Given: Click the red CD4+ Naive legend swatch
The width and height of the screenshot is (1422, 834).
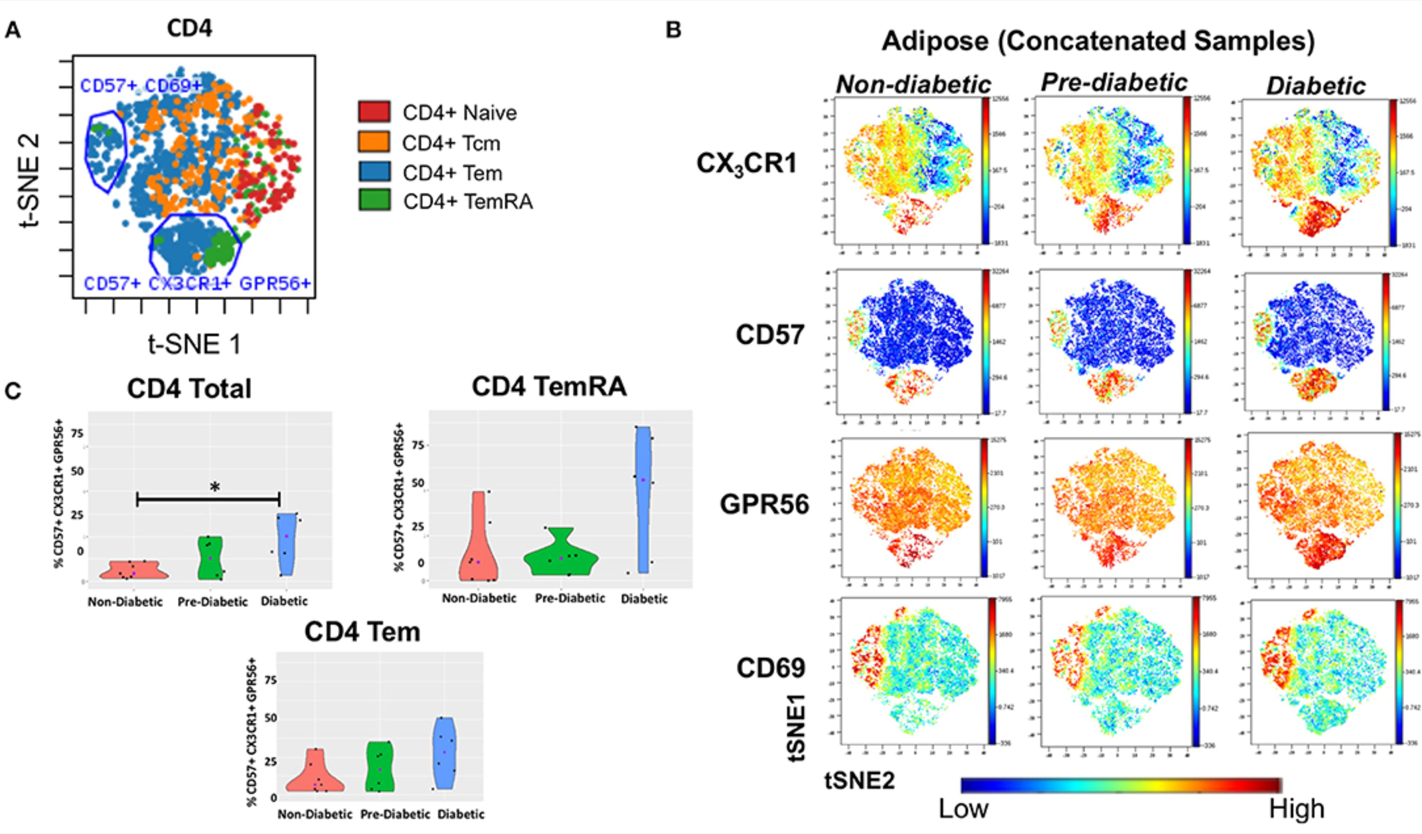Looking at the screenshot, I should point(374,112).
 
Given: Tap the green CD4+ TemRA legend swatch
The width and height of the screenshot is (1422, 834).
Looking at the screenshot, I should point(374,200).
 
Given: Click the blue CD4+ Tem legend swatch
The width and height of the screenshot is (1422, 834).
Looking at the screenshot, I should point(374,172).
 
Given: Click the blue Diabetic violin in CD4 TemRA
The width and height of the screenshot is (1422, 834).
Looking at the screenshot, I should point(644,497).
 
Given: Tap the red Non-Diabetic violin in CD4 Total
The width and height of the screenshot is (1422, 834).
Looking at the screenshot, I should point(133,570).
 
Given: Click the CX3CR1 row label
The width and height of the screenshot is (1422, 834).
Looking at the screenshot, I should point(746,164).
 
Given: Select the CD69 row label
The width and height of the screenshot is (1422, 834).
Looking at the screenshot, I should point(771,668).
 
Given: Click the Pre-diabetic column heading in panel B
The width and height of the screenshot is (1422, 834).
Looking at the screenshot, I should point(1114,82).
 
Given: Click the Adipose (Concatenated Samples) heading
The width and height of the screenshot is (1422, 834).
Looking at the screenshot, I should point(1098,41).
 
